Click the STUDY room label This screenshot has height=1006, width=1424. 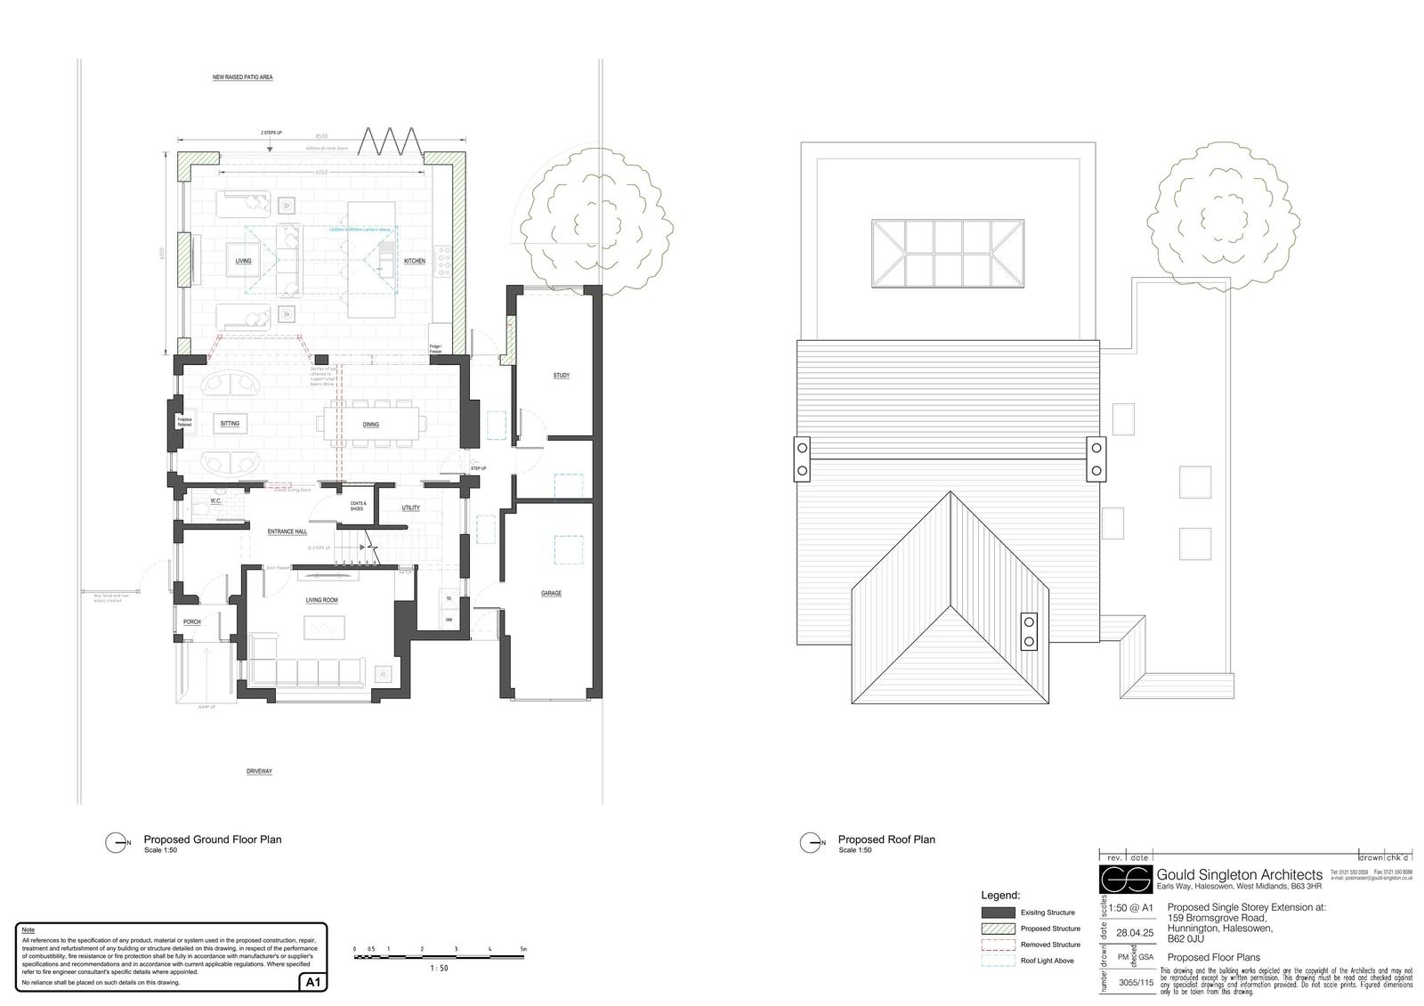[x=561, y=376]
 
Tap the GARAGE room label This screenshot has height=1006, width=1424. [x=551, y=593]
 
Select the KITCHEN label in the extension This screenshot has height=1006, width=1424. [x=414, y=261]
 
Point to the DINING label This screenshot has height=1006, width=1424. [x=371, y=425]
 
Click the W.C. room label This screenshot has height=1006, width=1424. [x=215, y=501]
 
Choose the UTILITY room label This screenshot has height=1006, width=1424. [x=410, y=507]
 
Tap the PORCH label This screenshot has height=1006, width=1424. [x=191, y=622]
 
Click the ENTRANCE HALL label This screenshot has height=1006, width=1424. [x=287, y=531]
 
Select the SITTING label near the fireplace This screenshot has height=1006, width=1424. [x=230, y=424]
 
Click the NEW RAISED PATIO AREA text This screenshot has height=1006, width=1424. [x=242, y=77]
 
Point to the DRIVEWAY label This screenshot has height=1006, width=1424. [x=259, y=771]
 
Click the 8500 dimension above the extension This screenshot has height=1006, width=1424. [x=320, y=136]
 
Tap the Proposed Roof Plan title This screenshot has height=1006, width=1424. [x=886, y=840]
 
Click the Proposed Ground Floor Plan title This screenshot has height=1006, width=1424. [x=213, y=840]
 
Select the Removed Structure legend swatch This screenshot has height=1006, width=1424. [x=998, y=945]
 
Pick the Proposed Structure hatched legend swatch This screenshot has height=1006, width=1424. [x=998, y=929]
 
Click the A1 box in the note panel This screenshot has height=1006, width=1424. [x=313, y=983]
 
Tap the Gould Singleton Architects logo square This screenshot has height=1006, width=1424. [x=1126, y=879]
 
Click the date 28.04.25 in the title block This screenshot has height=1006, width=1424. [x=1135, y=933]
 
